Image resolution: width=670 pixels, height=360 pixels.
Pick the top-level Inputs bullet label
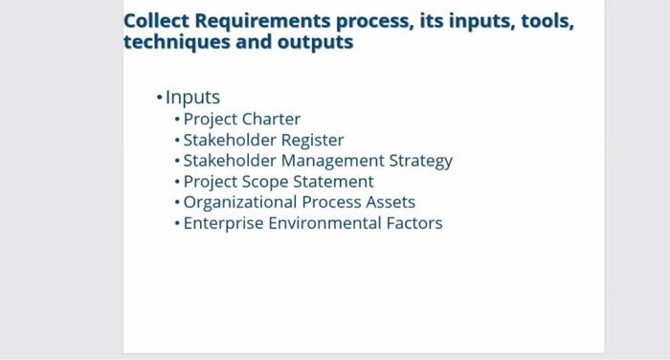click(x=192, y=98)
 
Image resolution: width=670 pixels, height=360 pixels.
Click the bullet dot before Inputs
click(x=159, y=99)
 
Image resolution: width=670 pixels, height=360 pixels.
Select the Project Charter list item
click(x=241, y=120)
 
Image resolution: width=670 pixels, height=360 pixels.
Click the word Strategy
click(x=420, y=161)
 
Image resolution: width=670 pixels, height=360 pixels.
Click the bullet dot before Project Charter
click(x=177, y=121)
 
